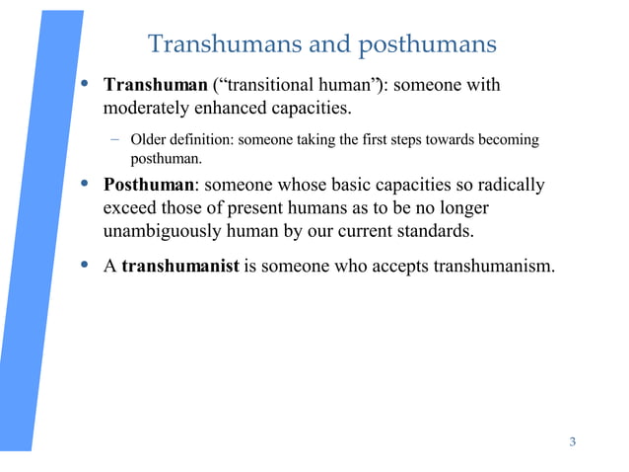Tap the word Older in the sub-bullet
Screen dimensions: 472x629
point(149,139)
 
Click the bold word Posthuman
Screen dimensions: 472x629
point(149,187)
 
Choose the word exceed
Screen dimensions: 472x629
point(129,209)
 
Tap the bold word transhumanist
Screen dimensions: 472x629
point(180,267)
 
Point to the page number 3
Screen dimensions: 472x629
point(573,440)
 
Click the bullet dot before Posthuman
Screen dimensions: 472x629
point(86,186)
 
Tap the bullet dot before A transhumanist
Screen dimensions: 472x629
point(86,266)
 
